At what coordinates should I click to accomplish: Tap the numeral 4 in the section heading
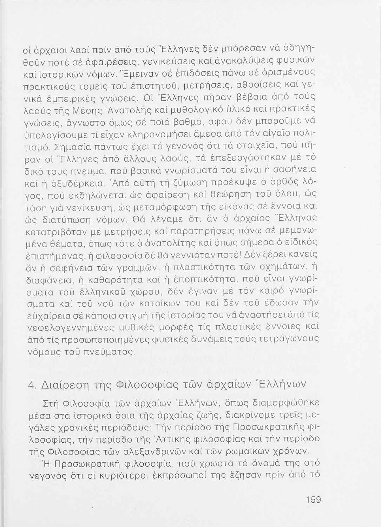30,383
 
